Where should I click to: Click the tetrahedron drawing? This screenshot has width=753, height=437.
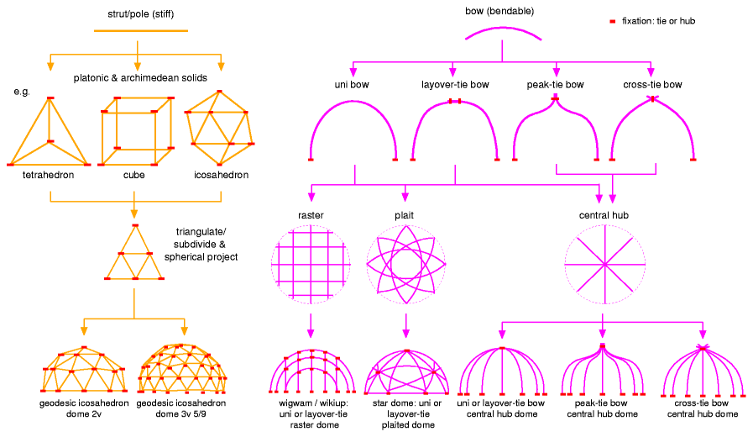pyautogui.click(x=50, y=134)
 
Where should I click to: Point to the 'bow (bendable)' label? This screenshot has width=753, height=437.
pyautogui.click(x=499, y=12)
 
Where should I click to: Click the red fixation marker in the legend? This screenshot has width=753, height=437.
pyautogui.click(x=613, y=19)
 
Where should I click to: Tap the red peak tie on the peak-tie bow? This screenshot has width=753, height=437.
pyautogui.click(x=555, y=99)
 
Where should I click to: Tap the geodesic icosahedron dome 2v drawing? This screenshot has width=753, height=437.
pyautogui.click(x=84, y=370)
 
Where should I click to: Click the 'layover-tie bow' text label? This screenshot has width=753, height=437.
pyautogui.click(x=453, y=85)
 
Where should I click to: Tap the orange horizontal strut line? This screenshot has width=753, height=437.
pyautogui.click(x=134, y=32)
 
